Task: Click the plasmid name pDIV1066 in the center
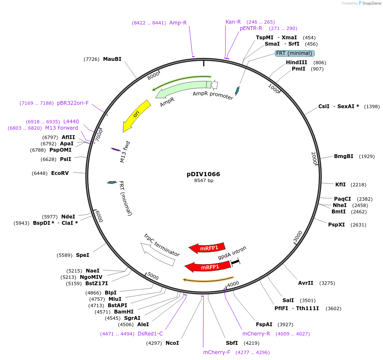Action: pyautogui.click(x=203, y=174)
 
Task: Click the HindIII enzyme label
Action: pyautogui.click(x=296, y=63)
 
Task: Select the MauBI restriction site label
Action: pyautogui.click(x=112, y=59)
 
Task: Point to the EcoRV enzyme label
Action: pyautogui.click(x=60, y=173)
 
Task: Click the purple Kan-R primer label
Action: pyautogui.click(x=233, y=22)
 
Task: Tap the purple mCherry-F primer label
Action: pyautogui.click(x=217, y=352)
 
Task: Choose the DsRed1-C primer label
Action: pyautogui.click(x=150, y=333)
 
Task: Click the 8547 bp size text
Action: pyautogui.click(x=204, y=180)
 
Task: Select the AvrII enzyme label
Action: pyautogui.click(x=306, y=283)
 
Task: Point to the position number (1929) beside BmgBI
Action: pyautogui.click(x=367, y=156)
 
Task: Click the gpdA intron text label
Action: pyautogui.click(x=232, y=253)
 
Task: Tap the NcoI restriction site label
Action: pyautogui.click(x=172, y=343)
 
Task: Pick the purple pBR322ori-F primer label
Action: pyautogui.click(x=73, y=103)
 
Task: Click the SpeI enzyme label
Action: pyautogui.click(x=82, y=255)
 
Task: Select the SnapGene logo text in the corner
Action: pyautogui.click(x=370, y=3)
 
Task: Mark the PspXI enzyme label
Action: pyautogui.click(x=336, y=225)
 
